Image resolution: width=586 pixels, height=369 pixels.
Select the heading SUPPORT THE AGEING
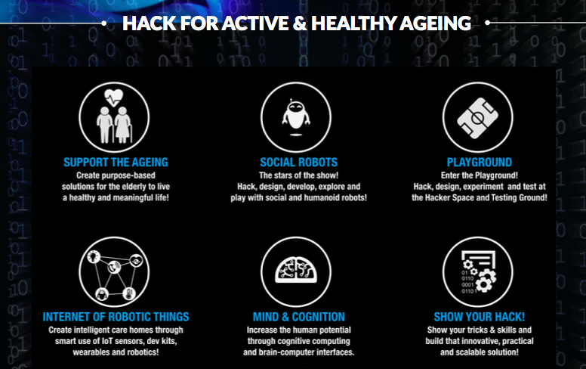[x=116, y=162]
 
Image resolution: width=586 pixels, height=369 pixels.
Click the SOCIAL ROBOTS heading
[x=298, y=162]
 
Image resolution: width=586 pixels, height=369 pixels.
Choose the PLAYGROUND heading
[x=480, y=162]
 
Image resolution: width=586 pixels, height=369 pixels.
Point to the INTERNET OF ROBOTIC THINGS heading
[x=116, y=317]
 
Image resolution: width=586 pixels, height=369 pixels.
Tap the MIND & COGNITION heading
[x=298, y=317]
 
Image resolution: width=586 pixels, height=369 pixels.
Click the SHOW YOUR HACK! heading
[x=480, y=317]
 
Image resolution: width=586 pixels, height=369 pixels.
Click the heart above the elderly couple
[x=113, y=98]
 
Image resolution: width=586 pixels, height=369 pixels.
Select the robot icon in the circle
[x=296, y=116]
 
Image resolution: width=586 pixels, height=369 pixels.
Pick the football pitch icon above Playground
[x=477, y=118]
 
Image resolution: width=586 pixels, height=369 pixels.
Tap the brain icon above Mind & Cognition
[x=296, y=269]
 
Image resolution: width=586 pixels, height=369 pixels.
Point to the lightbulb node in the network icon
[x=94, y=256]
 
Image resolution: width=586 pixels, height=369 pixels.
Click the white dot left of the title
[x=104, y=23]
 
